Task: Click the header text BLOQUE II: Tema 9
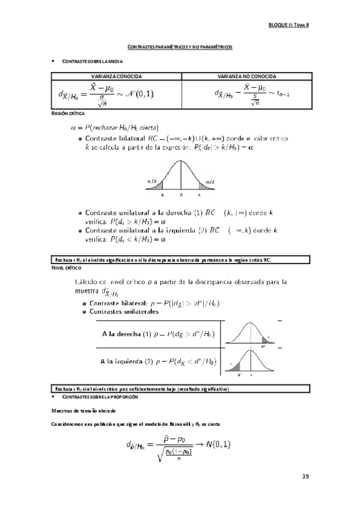point(288,25)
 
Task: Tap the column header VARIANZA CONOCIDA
point(116,77)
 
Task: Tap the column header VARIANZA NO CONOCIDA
point(246,77)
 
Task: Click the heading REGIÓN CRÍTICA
point(68,114)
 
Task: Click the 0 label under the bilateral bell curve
point(181,195)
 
